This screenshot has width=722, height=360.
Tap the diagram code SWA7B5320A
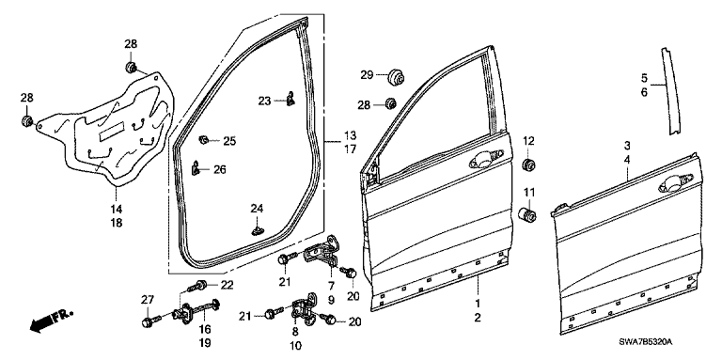(645, 342)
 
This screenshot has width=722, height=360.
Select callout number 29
(367, 75)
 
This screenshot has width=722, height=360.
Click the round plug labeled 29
(395, 76)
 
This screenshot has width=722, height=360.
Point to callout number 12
(528, 141)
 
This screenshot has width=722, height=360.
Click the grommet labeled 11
(526, 215)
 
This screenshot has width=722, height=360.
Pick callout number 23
(264, 101)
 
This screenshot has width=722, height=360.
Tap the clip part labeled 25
(203, 139)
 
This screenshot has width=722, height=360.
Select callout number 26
(220, 170)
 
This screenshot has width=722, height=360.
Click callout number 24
(257, 209)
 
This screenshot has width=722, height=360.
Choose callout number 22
(227, 286)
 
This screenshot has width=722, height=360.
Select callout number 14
(117, 210)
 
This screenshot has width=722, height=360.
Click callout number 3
(627, 146)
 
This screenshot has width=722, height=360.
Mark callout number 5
(644, 78)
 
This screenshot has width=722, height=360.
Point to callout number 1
(478, 304)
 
